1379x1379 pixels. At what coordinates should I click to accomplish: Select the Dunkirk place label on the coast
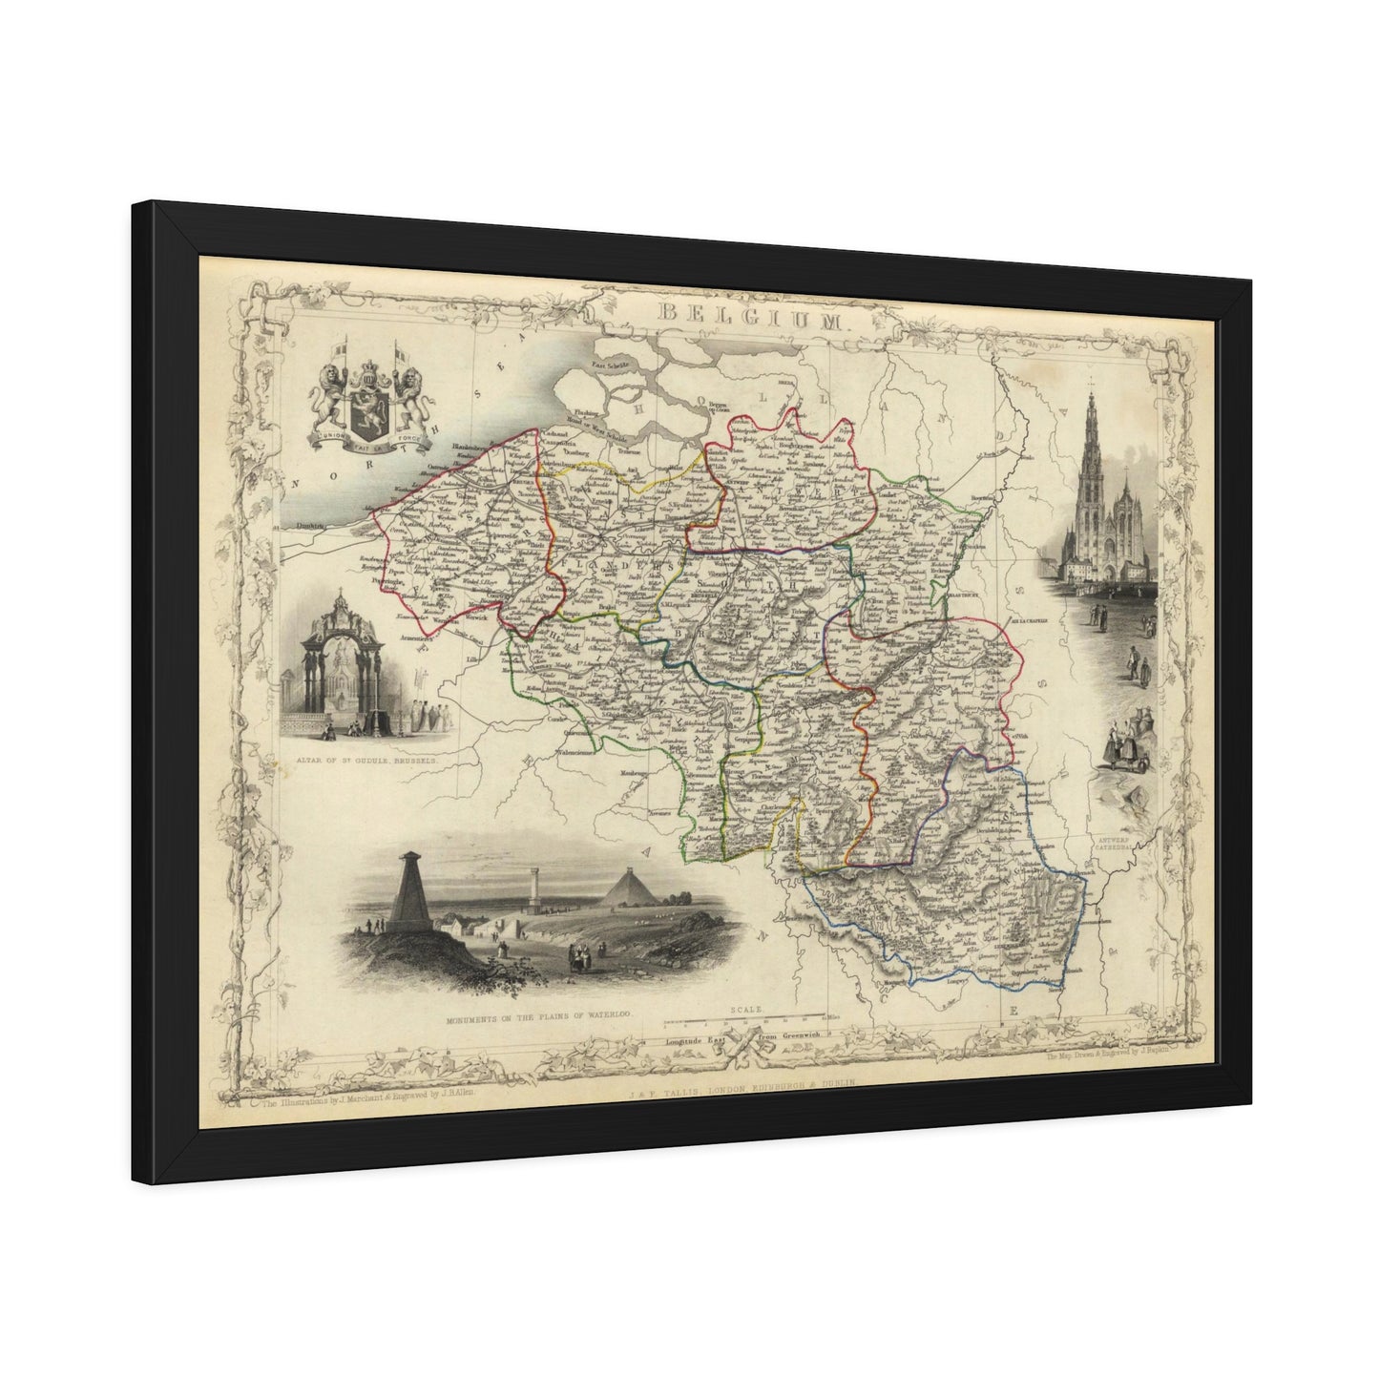(294, 524)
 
